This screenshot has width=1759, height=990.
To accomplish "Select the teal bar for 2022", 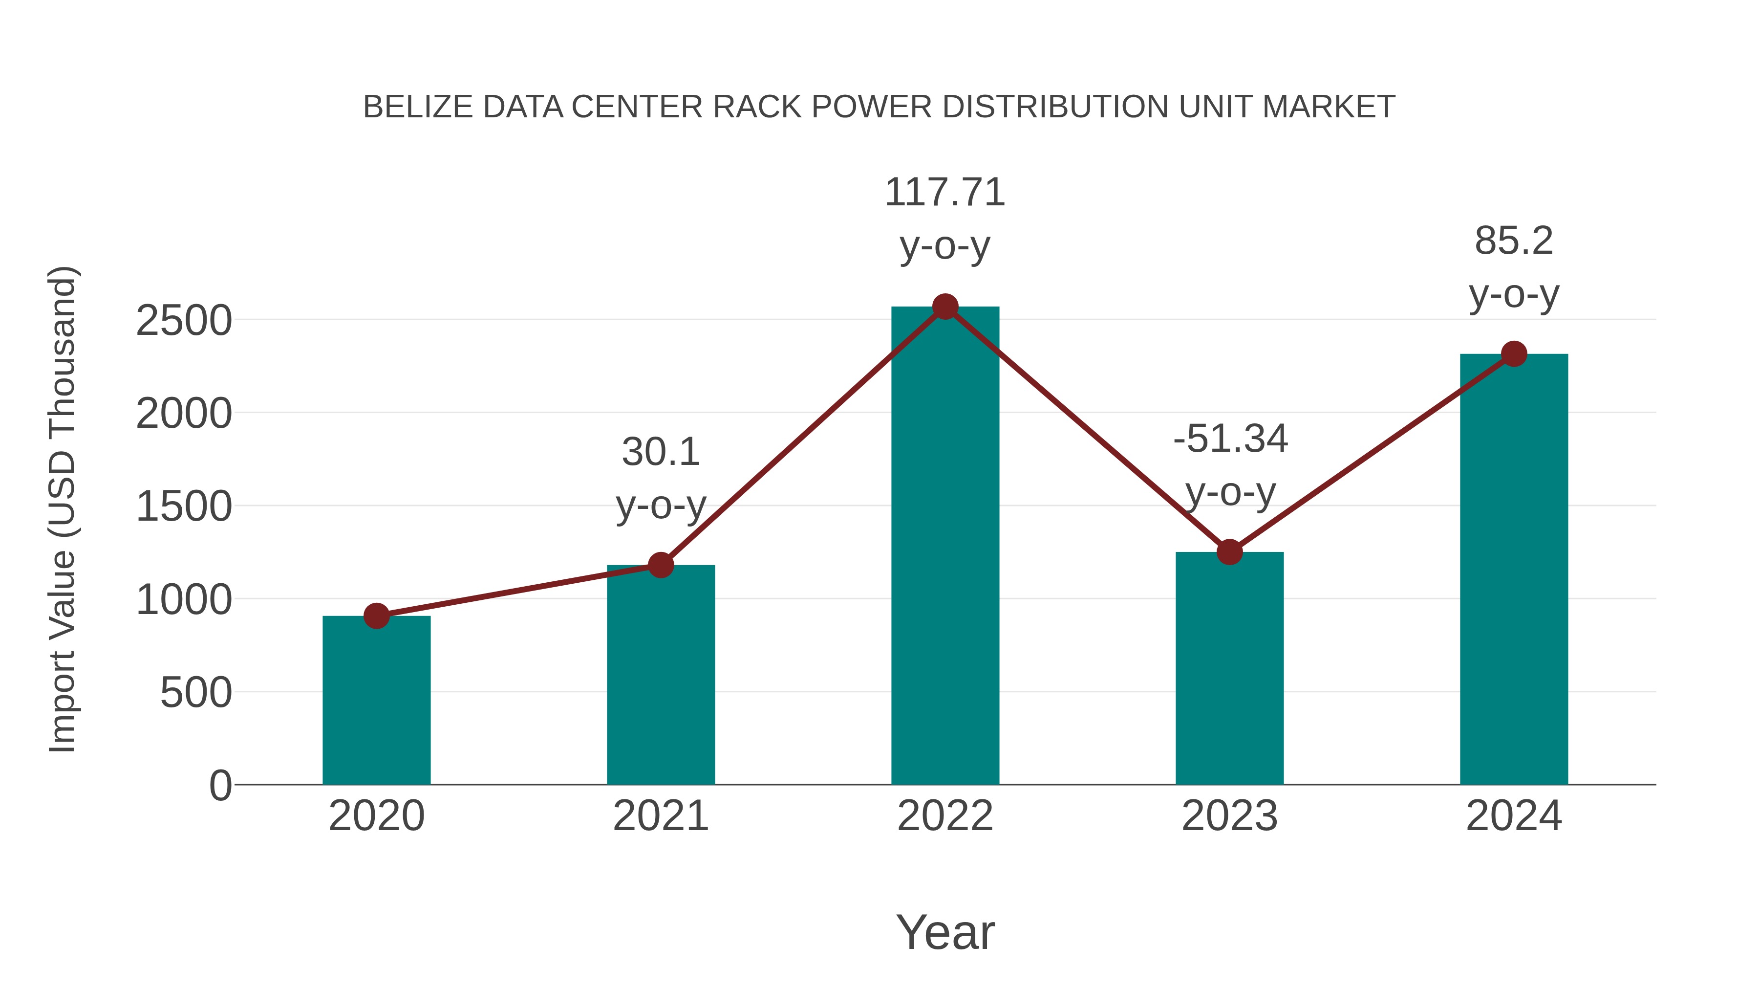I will click(x=945, y=547).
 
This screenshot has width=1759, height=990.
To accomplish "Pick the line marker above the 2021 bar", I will click(x=660, y=565).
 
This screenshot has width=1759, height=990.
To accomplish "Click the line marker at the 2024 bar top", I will click(x=1514, y=354).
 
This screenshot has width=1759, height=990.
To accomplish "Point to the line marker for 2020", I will click(x=376, y=616).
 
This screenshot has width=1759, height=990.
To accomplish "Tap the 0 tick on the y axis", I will click(x=220, y=786).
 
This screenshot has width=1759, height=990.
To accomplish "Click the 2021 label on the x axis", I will click(x=660, y=816).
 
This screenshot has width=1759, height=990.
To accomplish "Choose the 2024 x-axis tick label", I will click(x=1514, y=816).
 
